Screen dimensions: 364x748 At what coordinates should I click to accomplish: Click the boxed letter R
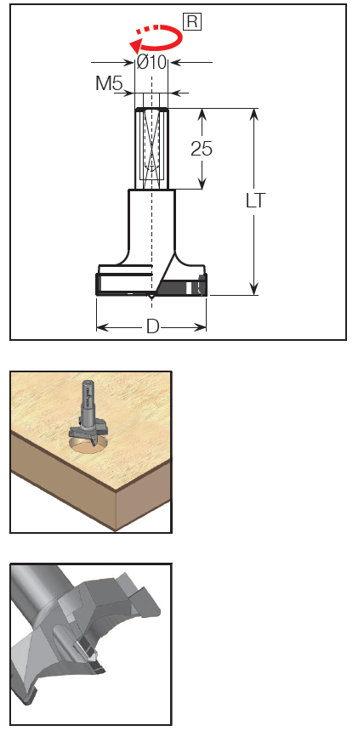pyautogui.click(x=192, y=22)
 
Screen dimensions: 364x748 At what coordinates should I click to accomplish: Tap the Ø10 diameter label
pyautogui.click(x=151, y=62)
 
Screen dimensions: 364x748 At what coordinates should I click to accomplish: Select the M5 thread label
pyautogui.click(x=109, y=83)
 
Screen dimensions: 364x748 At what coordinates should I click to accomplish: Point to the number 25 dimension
pyautogui.click(x=202, y=149)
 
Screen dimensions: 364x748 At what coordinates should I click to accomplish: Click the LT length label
pyautogui.click(x=255, y=201)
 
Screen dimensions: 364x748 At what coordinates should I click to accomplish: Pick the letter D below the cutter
pyautogui.click(x=152, y=326)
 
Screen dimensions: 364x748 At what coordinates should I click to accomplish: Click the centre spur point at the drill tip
pyautogui.click(x=151, y=297)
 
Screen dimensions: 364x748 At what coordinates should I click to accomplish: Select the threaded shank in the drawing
pyautogui.click(x=151, y=149)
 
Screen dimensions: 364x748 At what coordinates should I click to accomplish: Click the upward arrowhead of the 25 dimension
pyautogui.click(x=202, y=114)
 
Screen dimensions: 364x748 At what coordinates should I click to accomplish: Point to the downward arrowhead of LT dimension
pyautogui.click(x=253, y=289)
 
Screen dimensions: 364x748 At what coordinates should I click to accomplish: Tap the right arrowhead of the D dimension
pyautogui.click(x=201, y=327)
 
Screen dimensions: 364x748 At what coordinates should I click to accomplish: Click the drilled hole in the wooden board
pyautogui.click(x=89, y=446)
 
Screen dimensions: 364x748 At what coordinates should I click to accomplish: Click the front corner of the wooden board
pyautogui.click(x=116, y=530)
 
